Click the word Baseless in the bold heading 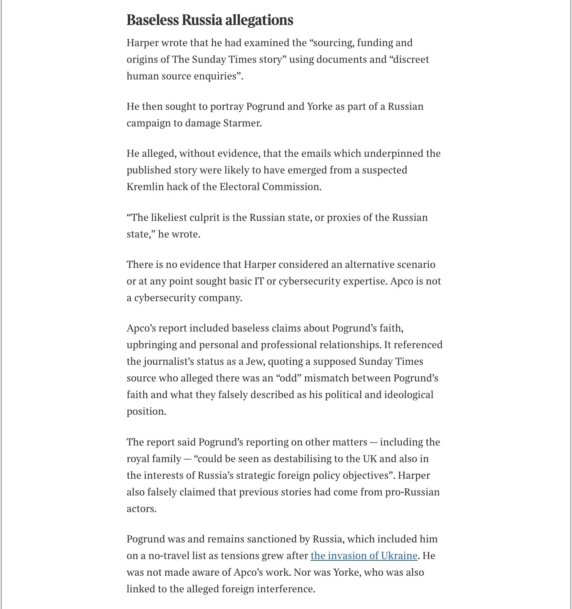click(152, 20)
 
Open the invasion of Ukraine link click(364, 556)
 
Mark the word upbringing click(152, 345)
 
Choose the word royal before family click(138, 459)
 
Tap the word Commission click(291, 187)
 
